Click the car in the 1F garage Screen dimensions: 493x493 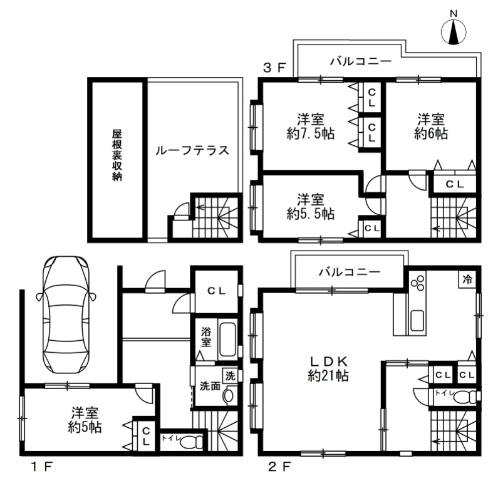[66, 314]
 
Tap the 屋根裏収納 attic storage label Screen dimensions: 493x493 [117, 155]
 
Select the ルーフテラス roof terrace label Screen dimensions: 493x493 [192, 150]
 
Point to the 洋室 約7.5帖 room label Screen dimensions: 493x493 [311, 127]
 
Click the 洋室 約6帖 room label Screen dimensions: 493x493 [431, 127]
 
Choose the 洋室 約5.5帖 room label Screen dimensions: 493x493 [311, 207]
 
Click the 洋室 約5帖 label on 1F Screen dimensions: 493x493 [85, 420]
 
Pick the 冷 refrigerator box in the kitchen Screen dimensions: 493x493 [467, 279]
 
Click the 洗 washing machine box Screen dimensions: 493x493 [230, 376]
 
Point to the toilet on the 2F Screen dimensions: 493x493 [465, 398]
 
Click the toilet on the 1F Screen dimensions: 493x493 [191, 442]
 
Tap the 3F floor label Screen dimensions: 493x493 [274, 68]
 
